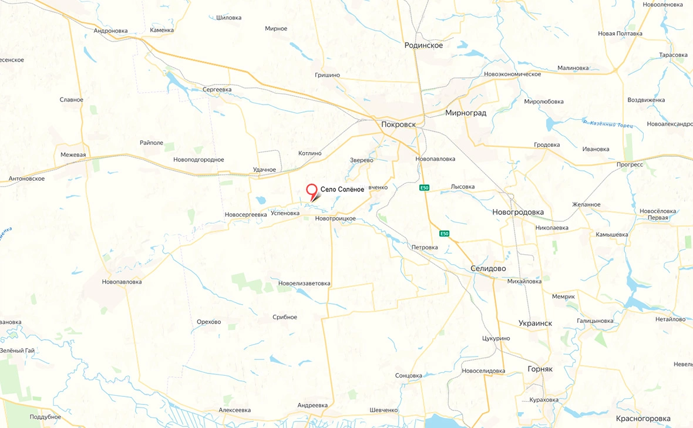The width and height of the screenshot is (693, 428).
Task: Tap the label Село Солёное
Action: (342, 189)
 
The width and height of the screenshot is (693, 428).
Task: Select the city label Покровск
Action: (402, 124)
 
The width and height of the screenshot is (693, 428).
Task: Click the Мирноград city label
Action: (466, 113)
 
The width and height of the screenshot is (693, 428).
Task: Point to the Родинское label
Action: (423, 45)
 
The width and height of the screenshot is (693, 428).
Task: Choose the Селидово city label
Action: (488, 268)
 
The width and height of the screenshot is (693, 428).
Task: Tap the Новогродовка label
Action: (518, 212)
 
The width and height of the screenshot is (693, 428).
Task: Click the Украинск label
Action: (535, 323)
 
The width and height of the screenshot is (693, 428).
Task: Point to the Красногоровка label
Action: (643, 419)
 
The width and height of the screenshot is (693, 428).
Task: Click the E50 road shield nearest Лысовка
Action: (425, 188)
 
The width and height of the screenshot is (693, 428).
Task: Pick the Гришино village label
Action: (327, 75)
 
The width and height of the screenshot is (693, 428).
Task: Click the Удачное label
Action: (264, 170)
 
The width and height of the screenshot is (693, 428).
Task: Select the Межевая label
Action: (73, 155)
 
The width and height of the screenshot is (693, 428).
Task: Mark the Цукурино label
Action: (496, 338)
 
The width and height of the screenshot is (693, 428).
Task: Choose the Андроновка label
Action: (110, 31)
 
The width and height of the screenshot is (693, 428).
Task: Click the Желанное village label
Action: (586, 204)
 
